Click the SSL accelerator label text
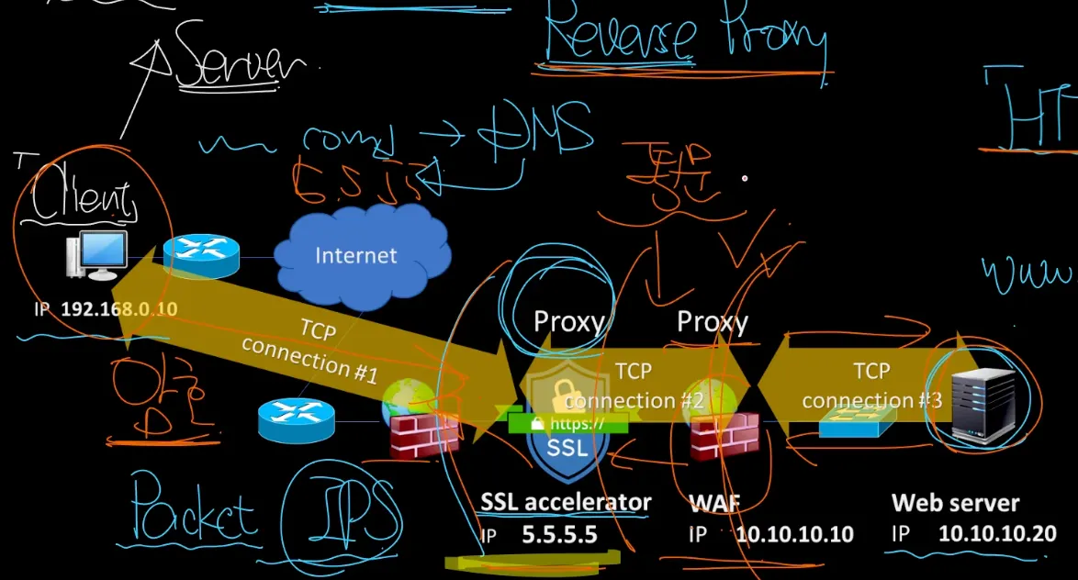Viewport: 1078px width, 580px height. [566, 502]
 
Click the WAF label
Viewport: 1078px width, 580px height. [713, 503]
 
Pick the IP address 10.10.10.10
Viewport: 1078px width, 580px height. [794, 534]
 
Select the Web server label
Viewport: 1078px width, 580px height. [955, 503]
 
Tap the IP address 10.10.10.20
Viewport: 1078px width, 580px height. [996, 534]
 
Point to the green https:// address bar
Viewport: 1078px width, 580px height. [568, 424]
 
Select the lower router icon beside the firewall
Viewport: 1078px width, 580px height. [296, 419]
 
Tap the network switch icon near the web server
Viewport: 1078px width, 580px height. [850, 423]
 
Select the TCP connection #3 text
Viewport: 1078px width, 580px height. [870, 386]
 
